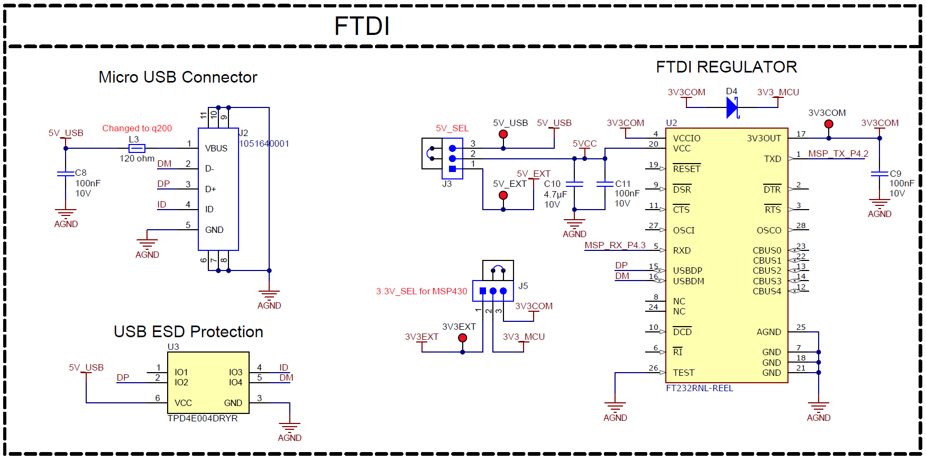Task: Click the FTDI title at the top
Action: pyautogui.click(x=362, y=26)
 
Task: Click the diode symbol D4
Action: pyautogui.click(x=732, y=107)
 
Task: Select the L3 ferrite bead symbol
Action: pyautogui.click(x=136, y=148)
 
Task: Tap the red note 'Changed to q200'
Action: pyautogui.click(x=137, y=128)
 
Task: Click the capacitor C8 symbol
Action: pyautogui.click(x=66, y=173)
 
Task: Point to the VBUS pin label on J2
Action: pyautogui.click(x=216, y=148)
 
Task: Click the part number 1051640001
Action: pyautogui.click(x=264, y=143)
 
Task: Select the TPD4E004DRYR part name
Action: pyautogui.click(x=203, y=418)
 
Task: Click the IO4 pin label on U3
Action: pyautogui.click(x=235, y=382)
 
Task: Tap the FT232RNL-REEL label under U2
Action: pyautogui.click(x=699, y=388)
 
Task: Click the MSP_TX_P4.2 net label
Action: pyautogui.click(x=838, y=154)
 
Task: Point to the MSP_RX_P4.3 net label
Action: pyautogui.click(x=615, y=245)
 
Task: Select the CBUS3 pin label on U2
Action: pyautogui.click(x=767, y=281)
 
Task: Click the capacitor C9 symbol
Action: pyautogui.click(x=879, y=174)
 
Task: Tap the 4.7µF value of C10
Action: pyautogui.click(x=555, y=194)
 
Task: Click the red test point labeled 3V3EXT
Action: pyautogui.click(x=463, y=338)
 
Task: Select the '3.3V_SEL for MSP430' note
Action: pyautogui.click(x=421, y=291)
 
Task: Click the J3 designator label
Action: pyautogui.click(x=447, y=184)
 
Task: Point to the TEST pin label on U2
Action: pyautogui.click(x=683, y=373)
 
